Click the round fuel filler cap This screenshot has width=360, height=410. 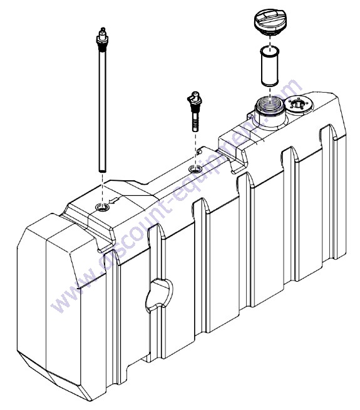tap(270, 22)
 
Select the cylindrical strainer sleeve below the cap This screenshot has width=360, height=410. tap(270, 66)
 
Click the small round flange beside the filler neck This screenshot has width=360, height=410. tap(298, 104)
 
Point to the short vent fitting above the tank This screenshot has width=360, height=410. tap(194, 111)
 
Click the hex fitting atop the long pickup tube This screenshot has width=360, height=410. tap(103, 39)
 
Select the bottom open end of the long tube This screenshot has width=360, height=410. tap(103, 171)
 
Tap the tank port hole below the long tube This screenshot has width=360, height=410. tap(103, 208)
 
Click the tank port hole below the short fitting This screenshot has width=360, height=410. tap(195, 170)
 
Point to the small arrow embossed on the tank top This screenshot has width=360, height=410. tap(113, 201)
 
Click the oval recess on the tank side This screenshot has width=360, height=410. tap(159, 295)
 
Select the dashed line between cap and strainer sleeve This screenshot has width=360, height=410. tap(270, 41)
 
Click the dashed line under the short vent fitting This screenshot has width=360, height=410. tap(195, 149)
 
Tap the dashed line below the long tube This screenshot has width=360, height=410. tap(103, 188)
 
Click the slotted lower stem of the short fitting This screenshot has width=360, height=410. tap(195, 121)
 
